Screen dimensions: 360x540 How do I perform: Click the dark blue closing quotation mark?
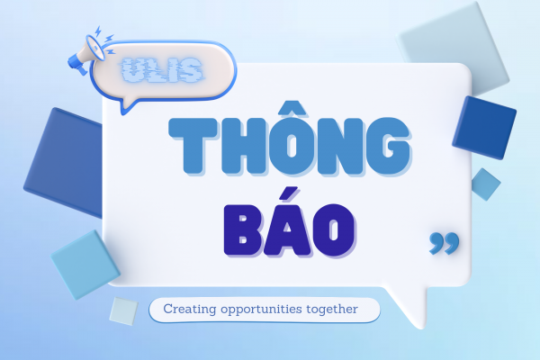pyautogui.click(x=444, y=241)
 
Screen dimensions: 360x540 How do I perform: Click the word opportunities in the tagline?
pyautogui.click(x=265, y=310)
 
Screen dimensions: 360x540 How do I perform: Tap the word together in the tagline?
pyautogui.click(x=335, y=310)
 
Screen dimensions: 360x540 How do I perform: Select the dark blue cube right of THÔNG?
pyautogui.click(x=484, y=126)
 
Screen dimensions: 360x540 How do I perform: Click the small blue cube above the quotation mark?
pyautogui.click(x=485, y=184)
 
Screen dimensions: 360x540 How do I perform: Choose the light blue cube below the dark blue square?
pyautogui.click(x=85, y=263)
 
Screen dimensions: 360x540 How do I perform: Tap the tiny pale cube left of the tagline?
pyautogui.click(x=122, y=310)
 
